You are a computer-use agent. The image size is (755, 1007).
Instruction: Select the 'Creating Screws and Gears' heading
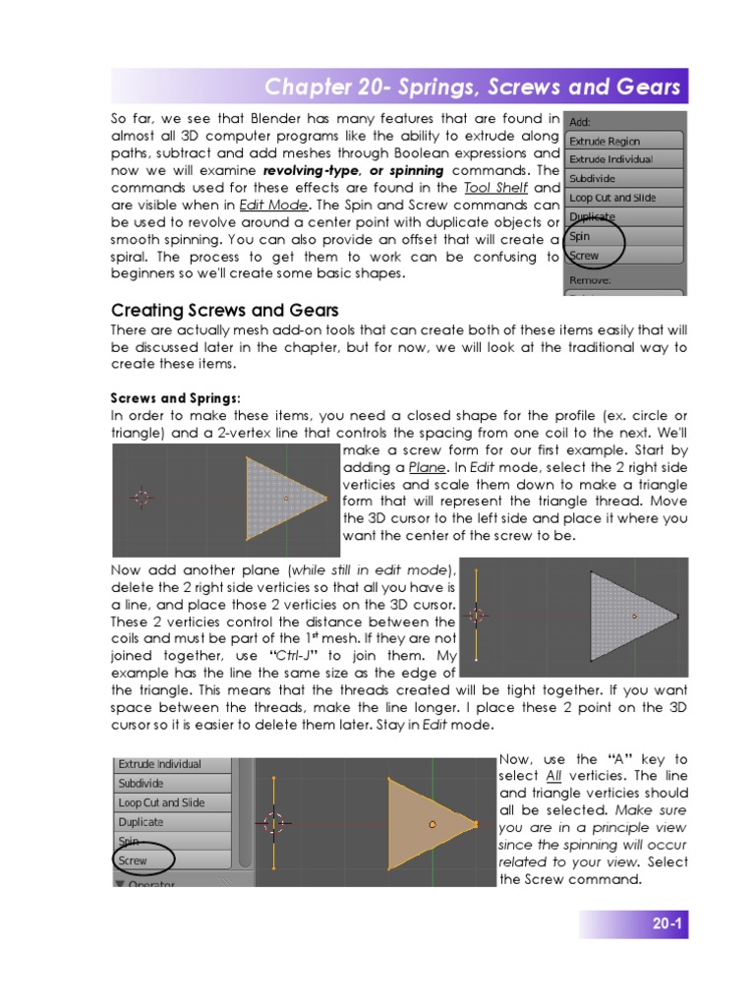coord(224,311)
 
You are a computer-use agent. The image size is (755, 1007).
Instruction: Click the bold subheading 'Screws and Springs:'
coord(175,398)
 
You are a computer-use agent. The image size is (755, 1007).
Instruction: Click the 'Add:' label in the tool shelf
coord(580,121)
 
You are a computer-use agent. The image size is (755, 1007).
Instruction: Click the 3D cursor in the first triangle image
coord(142,498)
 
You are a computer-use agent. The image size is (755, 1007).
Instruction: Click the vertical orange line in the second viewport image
coord(476,617)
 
